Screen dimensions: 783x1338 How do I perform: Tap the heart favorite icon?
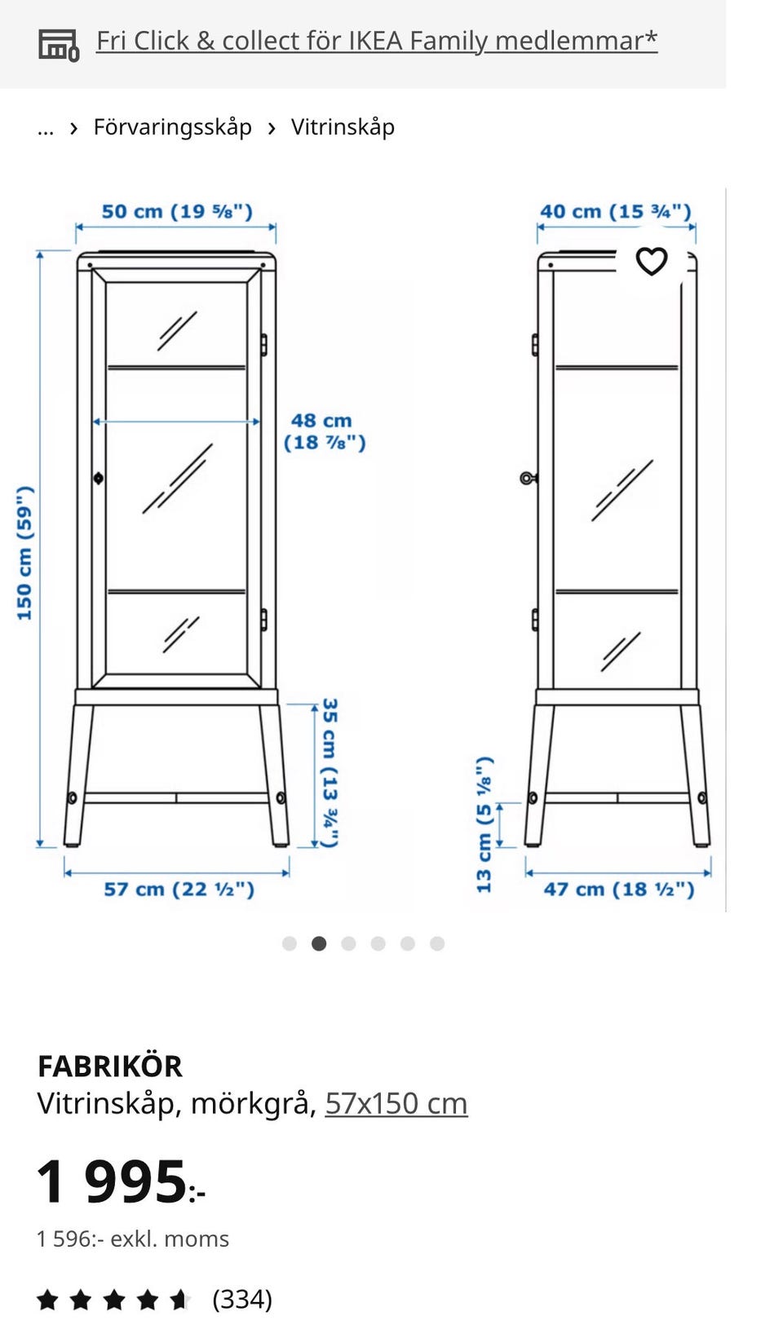(651, 261)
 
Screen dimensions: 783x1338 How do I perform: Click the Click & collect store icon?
(59, 45)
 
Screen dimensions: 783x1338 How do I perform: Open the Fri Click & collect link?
(377, 42)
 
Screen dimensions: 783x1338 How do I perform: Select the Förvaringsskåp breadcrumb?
(172, 127)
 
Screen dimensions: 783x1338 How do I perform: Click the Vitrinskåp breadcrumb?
(343, 127)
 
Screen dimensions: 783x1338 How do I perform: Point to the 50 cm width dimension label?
(177, 211)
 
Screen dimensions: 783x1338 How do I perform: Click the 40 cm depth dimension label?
(616, 211)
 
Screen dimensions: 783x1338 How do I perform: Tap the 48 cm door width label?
(324, 431)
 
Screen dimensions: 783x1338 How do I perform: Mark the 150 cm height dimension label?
(24, 553)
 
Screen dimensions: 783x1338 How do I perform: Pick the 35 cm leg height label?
(330, 772)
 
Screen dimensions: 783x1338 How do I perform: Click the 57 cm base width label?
(179, 890)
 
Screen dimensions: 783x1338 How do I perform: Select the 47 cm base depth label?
(618, 890)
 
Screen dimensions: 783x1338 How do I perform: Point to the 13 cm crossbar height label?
(484, 825)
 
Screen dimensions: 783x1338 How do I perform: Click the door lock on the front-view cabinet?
(98, 478)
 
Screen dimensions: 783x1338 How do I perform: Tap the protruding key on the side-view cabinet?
(528, 478)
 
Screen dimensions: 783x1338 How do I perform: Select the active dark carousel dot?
(319, 943)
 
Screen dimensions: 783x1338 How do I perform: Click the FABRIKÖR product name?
(110, 1066)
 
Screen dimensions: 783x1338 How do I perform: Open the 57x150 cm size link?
(396, 1103)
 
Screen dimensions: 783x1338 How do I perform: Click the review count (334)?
(242, 1299)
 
